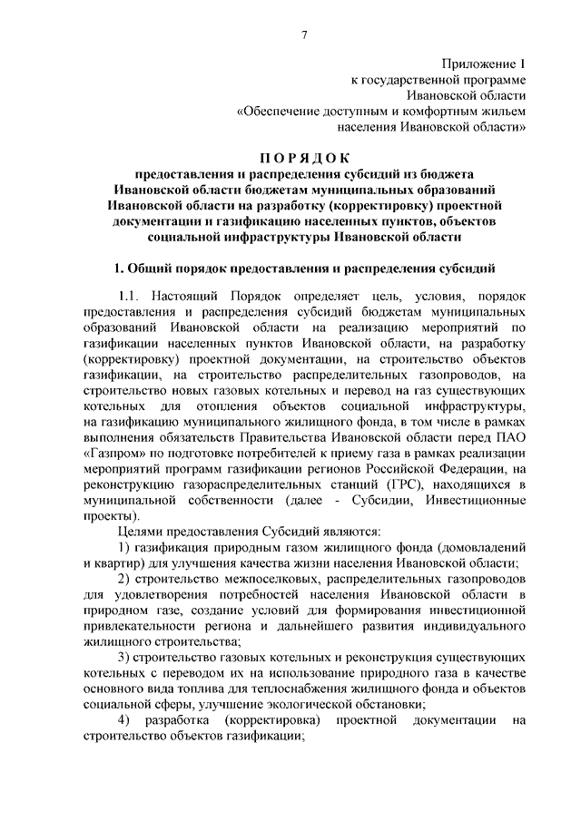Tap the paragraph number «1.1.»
(133, 297)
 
